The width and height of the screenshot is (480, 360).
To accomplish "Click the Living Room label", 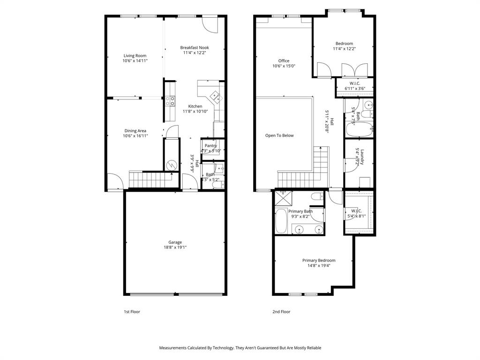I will pyautogui.click(x=135, y=56).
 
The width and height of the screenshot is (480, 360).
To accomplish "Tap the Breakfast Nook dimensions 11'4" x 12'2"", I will pyautogui.click(x=195, y=53).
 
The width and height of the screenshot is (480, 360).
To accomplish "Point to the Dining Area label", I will pyautogui.click(x=135, y=131).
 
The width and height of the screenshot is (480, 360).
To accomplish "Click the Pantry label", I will pyautogui.click(x=210, y=145).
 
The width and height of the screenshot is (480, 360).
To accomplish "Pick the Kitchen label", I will pyautogui.click(x=195, y=106).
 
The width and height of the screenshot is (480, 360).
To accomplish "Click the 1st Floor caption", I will pyautogui.click(x=132, y=312).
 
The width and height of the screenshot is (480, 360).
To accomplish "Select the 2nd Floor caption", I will pyautogui.click(x=281, y=312).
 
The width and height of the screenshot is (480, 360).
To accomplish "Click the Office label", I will pyautogui.click(x=284, y=61).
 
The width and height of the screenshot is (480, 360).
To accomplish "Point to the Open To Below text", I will pyautogui.click(x=279, y=135).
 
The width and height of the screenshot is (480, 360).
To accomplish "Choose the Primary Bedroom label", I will pyautogui.click(x=319, y=261).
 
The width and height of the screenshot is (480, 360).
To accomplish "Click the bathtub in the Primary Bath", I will pyautogui.click(x=281, y=221).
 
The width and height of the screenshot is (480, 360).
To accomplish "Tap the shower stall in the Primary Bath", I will pyautogui.click(x=283, y=198).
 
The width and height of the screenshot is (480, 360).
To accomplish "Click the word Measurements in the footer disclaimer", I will pyautogui.click(x=173, y=348).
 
